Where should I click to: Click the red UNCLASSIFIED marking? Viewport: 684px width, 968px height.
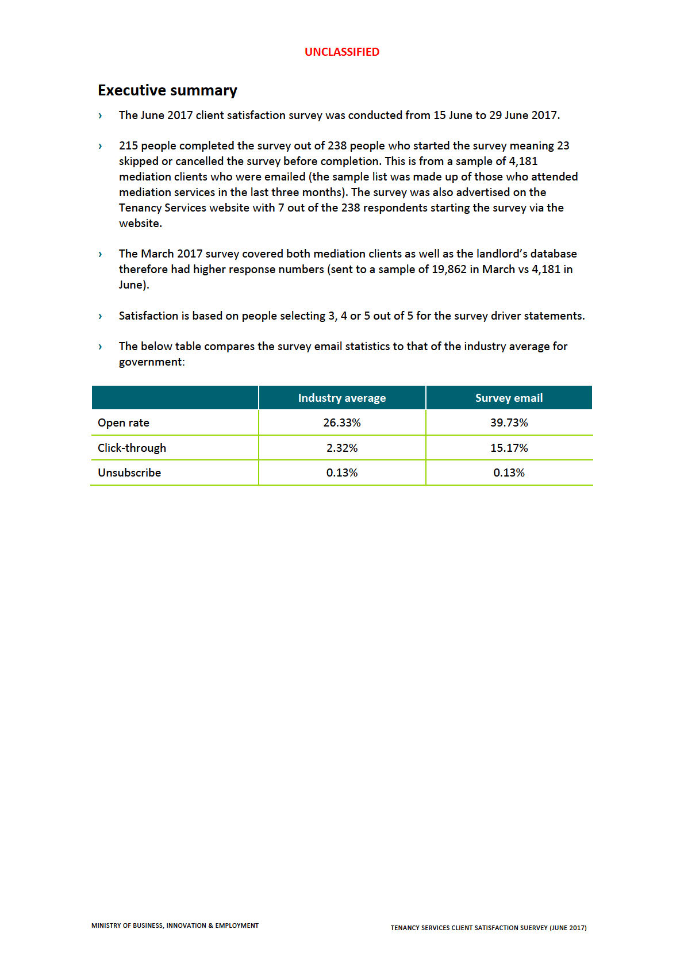click(341, 52)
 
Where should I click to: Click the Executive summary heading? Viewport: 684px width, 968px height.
click(167, 90)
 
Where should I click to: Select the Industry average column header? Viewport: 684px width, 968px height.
click(341, 398)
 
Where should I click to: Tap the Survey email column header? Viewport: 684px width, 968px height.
click(509, 398)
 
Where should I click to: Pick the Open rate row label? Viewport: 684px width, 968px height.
click(124, 422)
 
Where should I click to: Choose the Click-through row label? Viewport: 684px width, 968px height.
click(132, 448)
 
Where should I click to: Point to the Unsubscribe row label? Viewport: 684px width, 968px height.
click(129, 473)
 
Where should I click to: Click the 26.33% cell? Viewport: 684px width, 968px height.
click(341, 422)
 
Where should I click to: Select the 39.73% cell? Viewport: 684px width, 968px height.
click(509, 422)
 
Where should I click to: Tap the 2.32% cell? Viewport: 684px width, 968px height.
click(341, 448)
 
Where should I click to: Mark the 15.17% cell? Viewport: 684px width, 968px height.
click(509, 448)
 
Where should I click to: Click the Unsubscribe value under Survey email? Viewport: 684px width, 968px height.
click(509, 473)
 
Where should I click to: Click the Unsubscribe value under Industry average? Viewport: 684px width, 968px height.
click(341, 473)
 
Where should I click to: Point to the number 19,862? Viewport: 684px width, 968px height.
click(449, 269)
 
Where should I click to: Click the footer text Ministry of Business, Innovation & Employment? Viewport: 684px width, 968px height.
click(175, 925)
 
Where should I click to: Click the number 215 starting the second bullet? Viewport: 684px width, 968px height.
click(128, 145)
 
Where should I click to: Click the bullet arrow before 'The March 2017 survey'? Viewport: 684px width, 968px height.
click(100, 254)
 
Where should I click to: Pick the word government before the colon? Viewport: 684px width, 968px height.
click(150, 362)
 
